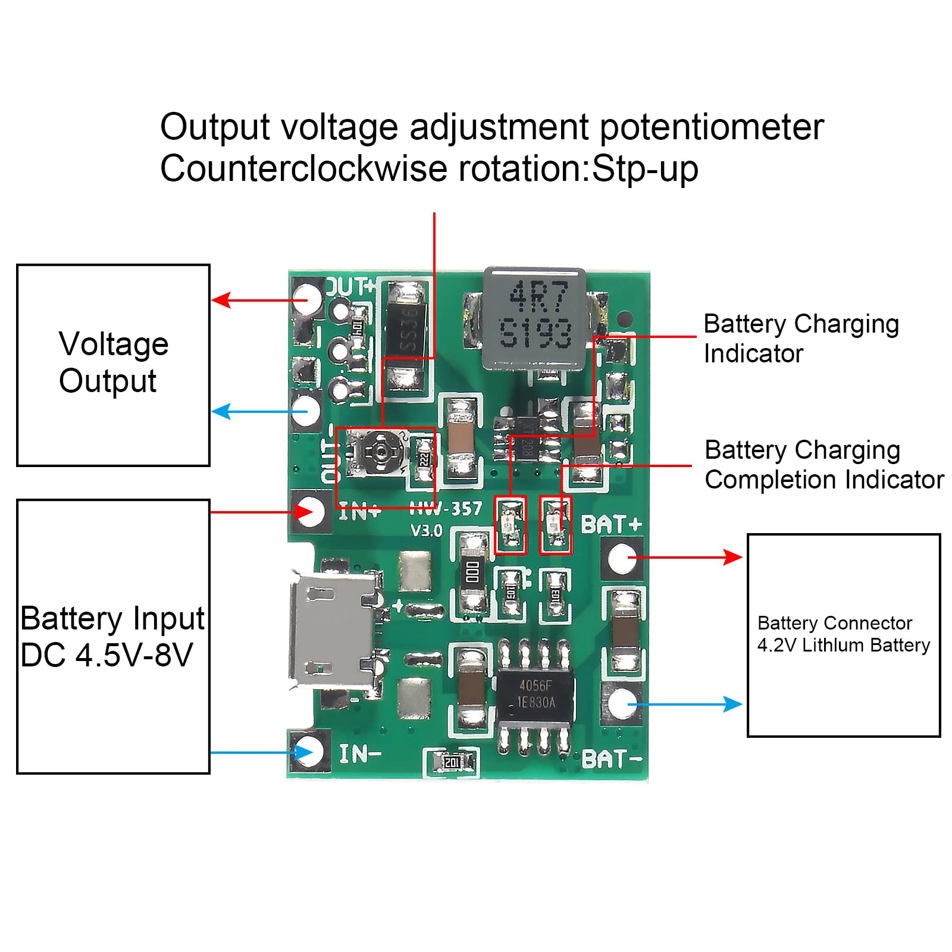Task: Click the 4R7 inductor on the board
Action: (x=534, y=317)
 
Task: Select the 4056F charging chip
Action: (x=535, y=694)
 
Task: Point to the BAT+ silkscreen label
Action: (x=611, y=524)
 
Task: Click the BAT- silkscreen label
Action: (x=612, y=759)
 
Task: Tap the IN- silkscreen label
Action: (x=359, y=754)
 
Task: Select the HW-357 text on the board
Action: (x=446, y=509)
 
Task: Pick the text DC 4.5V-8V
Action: (x=107, y=655)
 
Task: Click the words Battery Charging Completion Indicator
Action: (x=823, y=465)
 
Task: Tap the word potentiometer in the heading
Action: (x=711, y=127)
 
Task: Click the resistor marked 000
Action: (x=472, y=572)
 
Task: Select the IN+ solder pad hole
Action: (x=309, y=511)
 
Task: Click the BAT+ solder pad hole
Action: (x=620, y=558)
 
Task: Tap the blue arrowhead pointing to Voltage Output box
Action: (x=221, y=411)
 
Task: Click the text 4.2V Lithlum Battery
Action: (x=843, y=645)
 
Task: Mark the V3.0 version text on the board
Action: (x=427, y=530)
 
